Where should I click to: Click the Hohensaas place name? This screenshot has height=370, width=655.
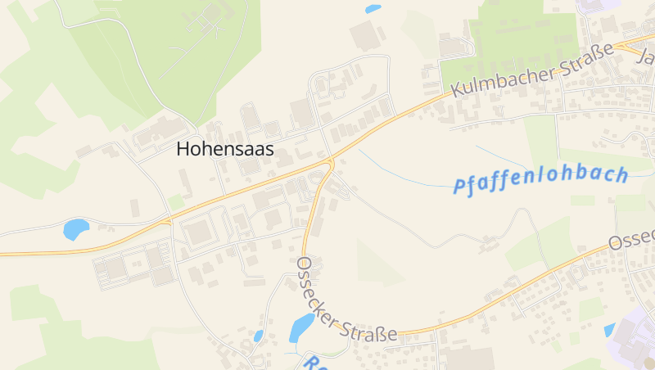pyautogui.click(x=225, y=149)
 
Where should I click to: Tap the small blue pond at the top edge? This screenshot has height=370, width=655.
pyautogui.click(x=373, y=9)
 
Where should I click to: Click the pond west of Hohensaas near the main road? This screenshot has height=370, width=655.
pyautogui.click(x=75, y=228)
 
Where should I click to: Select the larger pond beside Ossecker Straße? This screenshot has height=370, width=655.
pyautogui.click(x=301, y=327)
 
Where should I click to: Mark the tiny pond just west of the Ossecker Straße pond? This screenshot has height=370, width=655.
pyautogui.click(x=259, y=336)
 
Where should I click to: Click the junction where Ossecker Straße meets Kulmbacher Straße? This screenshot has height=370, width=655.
pyautogui.click(x=331, y=159)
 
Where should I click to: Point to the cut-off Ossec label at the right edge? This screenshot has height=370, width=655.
pyautogui.click(x=632, y=239)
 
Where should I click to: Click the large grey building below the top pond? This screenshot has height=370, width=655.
pyautogui.click(x=365, y=36)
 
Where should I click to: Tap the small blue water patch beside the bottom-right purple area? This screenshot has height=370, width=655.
pyautogui.click(x=608, y=330)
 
